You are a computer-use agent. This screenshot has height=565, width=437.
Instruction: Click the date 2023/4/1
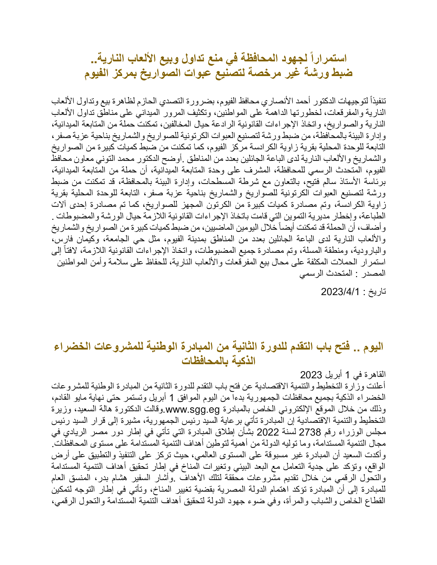coord(340,292)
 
